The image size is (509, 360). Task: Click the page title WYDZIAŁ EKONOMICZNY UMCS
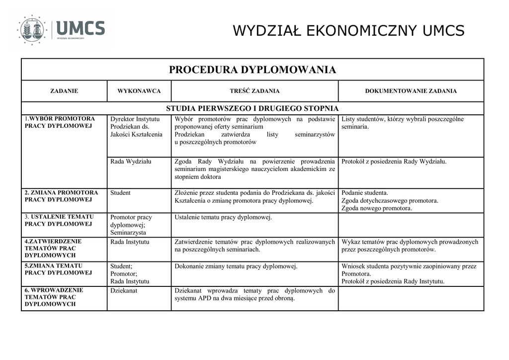tap(348, 31)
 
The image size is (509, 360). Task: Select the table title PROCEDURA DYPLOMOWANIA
tap(253, 70)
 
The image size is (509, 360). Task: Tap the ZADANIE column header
tap(64, 91)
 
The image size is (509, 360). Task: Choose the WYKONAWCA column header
tap(139, 91)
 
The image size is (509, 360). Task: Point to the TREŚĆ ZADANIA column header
tap(254, 91)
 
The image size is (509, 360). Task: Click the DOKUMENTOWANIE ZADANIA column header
tap(411, 91)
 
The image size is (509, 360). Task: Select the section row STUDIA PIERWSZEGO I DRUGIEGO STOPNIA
tap(253, 108)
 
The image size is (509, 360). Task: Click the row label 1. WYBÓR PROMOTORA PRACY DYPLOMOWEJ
tap(60, 122)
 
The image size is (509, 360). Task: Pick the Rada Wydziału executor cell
tap(131, 162)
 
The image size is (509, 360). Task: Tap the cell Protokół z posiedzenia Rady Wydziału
tap(394, 162)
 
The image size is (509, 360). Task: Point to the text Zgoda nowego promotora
tap(377, 208)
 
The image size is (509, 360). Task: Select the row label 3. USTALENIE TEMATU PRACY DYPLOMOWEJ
tap(59, 220)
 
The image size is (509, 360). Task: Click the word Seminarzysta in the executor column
tap(128, 232)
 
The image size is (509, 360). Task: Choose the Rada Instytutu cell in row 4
tap(130, 242)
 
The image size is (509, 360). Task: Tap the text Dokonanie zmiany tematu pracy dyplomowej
tap(236, 267)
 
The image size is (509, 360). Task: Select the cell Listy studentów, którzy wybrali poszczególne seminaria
tap(403, 123)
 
